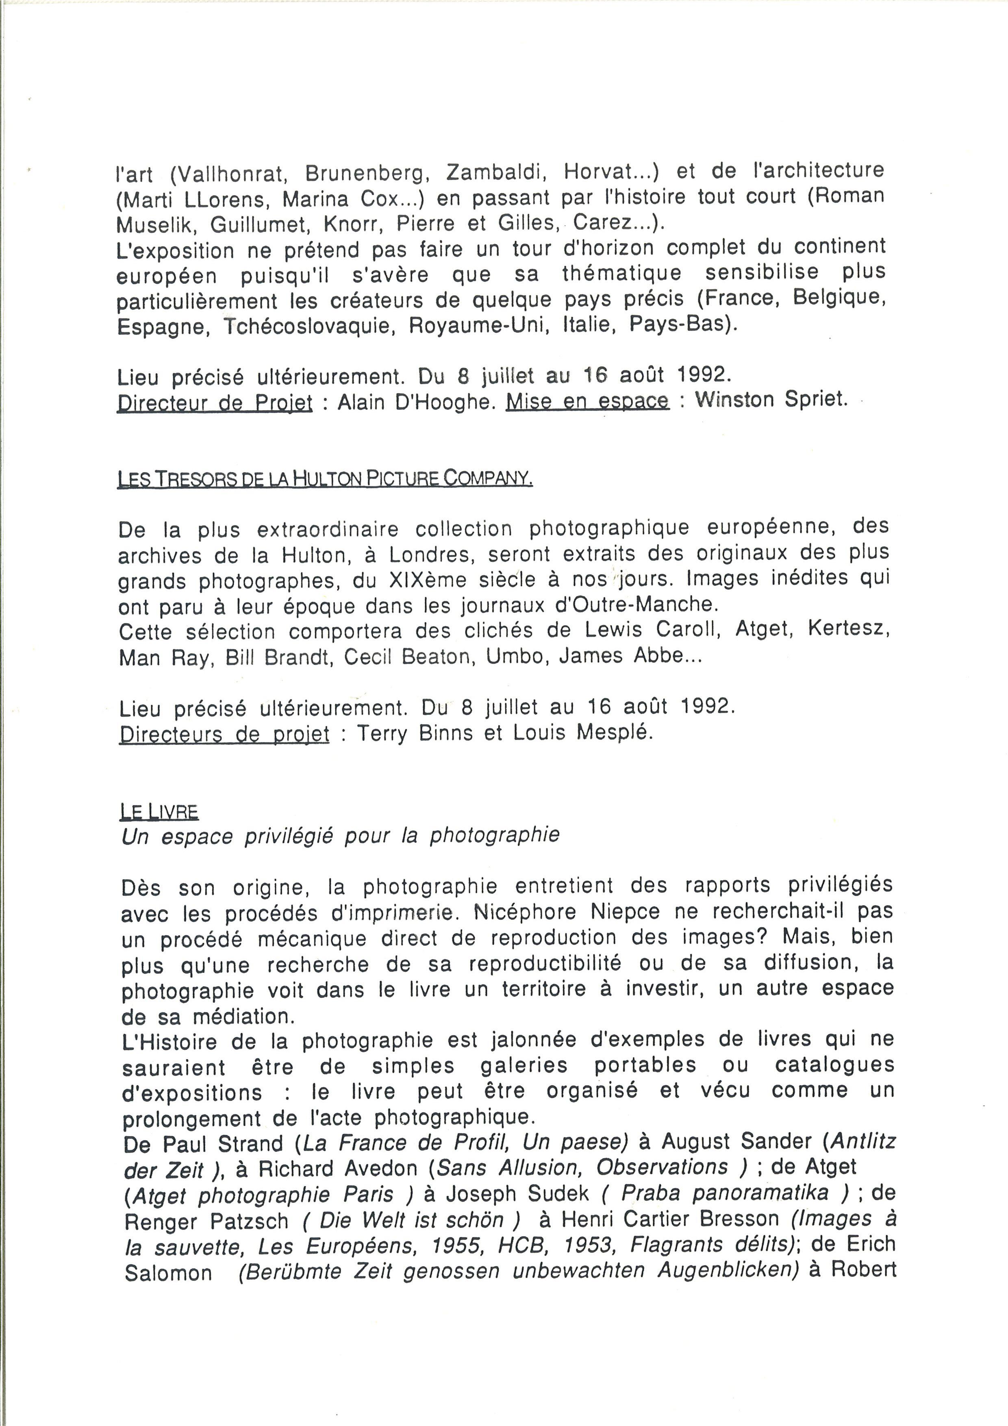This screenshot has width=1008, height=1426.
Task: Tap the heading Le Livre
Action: pyautogui.click(x=159, y=812)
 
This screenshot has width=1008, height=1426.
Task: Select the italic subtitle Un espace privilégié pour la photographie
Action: pyautogui.click(x=341, y=836)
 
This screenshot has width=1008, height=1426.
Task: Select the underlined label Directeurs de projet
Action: pyautogui.click(x=224, y=735)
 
